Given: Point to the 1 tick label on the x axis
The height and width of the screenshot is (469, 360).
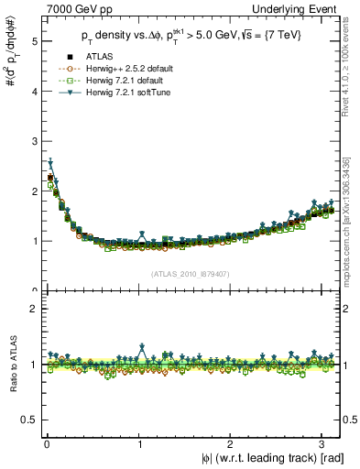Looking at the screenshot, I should (139, 443).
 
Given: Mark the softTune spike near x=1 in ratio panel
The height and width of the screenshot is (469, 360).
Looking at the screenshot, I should (141, 346).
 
